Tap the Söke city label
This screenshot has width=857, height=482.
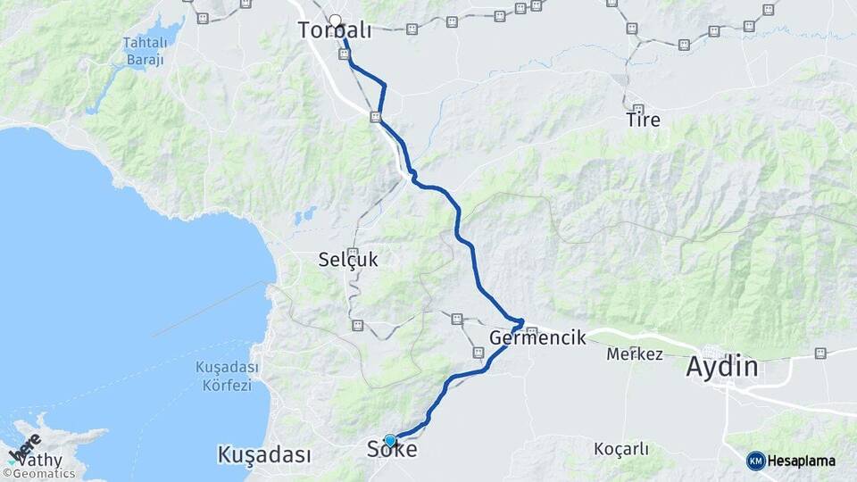pyautogui.click(x=392, y=451)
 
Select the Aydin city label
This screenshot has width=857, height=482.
pyautogui.click(x=721, y=366)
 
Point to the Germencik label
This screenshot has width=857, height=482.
pyautogui.click(x=538, y=337)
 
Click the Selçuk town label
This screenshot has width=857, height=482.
pyautogui.click(x=348, y=261)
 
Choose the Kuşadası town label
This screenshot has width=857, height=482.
pyautogui.click(x=264, y=454)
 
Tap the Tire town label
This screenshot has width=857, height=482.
pyautogui.click(x=644, y=119)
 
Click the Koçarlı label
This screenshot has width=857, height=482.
pyautogui.click(x=621, y=449)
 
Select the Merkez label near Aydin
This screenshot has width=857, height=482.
pyautogui.click(x=635, y=354)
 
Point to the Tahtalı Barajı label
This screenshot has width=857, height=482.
pyautogui.click(x=146, y=50)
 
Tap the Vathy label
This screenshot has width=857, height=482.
pyautogui.click(x=39, y=461)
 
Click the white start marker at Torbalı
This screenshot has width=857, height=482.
pyautogui.click(x=335, y=21)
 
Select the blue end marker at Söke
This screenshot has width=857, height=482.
pyautogui.click(x=390, y=440)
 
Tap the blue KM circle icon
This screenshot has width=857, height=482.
pyautogui.click(x=755, y=461)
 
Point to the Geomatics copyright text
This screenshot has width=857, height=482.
pyautogui.click(x=42, y=474)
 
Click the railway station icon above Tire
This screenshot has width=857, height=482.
pyautogui.click(x=637, y=109)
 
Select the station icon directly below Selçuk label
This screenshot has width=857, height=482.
pyautogui.click(x=357, y=326)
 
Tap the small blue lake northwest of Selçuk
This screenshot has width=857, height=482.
pyautogui.click(x=306, y=215)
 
